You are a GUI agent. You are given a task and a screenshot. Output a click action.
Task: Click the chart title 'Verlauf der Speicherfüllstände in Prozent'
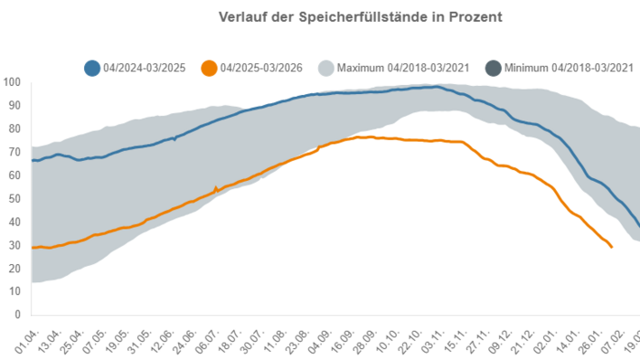click(361, 17)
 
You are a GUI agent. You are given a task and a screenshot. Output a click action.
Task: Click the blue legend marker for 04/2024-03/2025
click(91, 68)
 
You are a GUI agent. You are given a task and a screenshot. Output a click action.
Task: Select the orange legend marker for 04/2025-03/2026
click(209, 68)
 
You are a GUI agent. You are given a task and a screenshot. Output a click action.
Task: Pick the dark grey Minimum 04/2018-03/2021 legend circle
click(493, 68)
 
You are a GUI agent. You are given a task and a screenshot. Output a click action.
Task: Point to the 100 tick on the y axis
click(12, 82)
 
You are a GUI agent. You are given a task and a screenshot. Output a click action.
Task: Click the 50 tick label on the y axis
click(14, 199)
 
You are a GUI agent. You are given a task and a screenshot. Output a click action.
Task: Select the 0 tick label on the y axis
click(17, 315)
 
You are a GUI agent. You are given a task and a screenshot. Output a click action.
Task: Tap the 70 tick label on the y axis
click(14, 152)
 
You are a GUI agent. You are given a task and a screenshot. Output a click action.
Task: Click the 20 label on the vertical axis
click(14, 269)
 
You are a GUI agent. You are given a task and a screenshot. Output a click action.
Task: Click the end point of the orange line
click(612, 247)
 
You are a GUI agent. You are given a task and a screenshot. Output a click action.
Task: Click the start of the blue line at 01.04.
click(33, 160)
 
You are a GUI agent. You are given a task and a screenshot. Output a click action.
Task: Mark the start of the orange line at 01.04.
click(33, 247)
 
